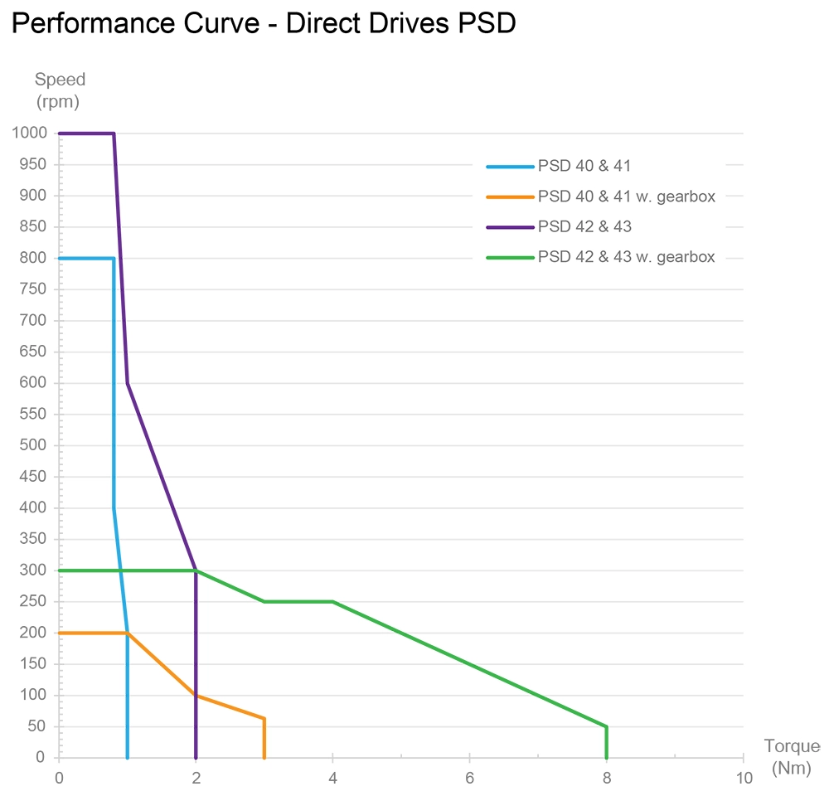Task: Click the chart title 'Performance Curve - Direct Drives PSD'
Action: [x=264, y=24]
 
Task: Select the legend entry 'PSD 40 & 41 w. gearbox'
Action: [x=626, y=197]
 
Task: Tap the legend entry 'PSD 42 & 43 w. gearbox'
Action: [x=626, y=257]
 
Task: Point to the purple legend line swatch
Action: [x=509, y=227]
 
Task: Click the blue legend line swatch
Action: [x=509, y=166]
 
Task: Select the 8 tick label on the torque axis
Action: [x=607, y=778]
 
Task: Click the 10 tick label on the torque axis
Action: [x=744, y=778]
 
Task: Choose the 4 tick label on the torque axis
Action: [x=332, y=778]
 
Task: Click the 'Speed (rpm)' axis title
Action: [x=60, y=91]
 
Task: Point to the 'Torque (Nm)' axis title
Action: [x=791, y=757]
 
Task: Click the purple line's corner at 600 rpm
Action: [x=127, y=383]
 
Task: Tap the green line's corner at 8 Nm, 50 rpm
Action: [x=607, y=726]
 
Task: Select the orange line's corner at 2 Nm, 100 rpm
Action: [x=196, y=696]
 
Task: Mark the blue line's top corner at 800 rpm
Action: [x=114, y=259]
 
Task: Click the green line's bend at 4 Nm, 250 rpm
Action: [x=332, y=602]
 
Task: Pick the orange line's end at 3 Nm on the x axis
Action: [x=264, y=757]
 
